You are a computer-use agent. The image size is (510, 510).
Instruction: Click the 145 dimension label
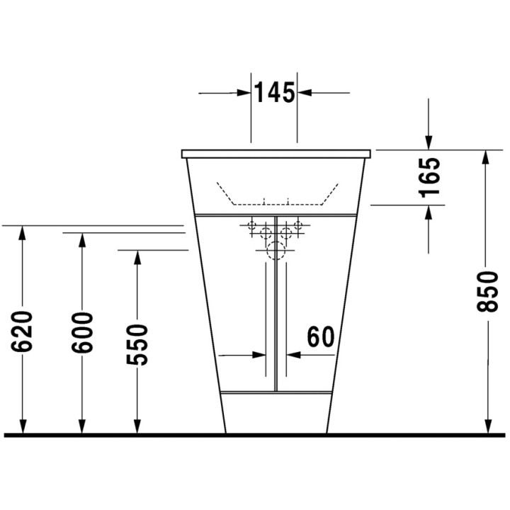tap(275, 93)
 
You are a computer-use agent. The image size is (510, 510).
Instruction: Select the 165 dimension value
tap(430, 177)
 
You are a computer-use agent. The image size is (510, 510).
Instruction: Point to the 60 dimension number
tap(319, 337)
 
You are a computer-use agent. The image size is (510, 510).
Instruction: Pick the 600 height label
tap(82, 333)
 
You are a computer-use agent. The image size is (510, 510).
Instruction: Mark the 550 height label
tap(137, 344)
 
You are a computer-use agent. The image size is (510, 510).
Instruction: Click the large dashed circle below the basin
tap(276, 250)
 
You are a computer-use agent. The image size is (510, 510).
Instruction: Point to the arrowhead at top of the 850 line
tap(486, 157)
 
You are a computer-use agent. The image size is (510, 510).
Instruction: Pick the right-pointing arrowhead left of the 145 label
tap(244, 93)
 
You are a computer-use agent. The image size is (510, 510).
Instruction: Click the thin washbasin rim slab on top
tap(276, 154)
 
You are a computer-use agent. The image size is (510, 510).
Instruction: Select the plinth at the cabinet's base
tap(276, 411)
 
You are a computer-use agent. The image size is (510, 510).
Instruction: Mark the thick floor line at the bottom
tap(255, 434)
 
